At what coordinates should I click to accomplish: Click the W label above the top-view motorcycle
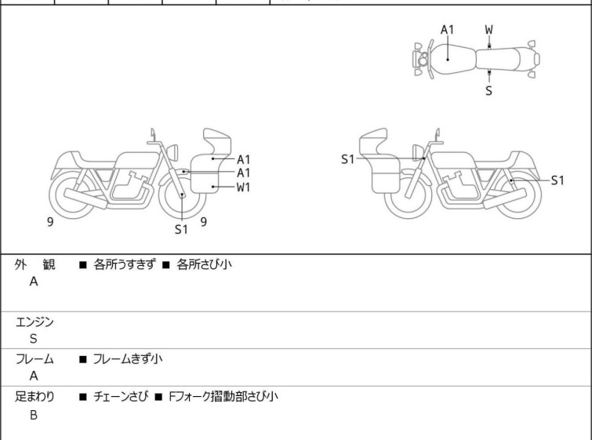(x=489, y=30)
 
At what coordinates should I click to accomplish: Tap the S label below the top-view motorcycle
(x=489, y=91)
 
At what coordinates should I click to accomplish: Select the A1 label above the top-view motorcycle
(x=447, y=30)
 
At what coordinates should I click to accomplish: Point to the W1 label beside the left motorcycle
(x=244, y=187)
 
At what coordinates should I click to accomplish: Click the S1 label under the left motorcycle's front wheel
(x=181, y=229)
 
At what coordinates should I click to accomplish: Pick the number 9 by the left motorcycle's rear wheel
(x=50, y=222)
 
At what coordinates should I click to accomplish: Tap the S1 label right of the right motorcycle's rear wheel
(x=557, y=180)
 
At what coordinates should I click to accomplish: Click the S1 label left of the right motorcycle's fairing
(x=347, y=159)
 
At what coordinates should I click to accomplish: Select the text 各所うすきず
(x=125, y=264)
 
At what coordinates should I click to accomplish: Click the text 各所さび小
(x=204, y=264)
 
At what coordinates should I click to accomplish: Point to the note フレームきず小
(x=128, y=358)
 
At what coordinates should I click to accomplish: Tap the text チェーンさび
(x=121, y=397)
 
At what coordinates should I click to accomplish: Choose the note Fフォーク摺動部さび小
(x=223, y=397)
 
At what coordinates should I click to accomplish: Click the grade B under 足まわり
(x=34, y=415)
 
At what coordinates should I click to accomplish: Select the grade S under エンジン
(x=34, y=339)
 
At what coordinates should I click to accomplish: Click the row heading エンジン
(x=35, y=322)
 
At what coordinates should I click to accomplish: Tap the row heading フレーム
(x=35, y=359)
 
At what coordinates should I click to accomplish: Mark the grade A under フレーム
(x=34, y=376)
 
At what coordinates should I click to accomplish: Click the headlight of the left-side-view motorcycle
(x=173, y=152)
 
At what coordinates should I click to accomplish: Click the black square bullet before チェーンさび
(x=83, y=397)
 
